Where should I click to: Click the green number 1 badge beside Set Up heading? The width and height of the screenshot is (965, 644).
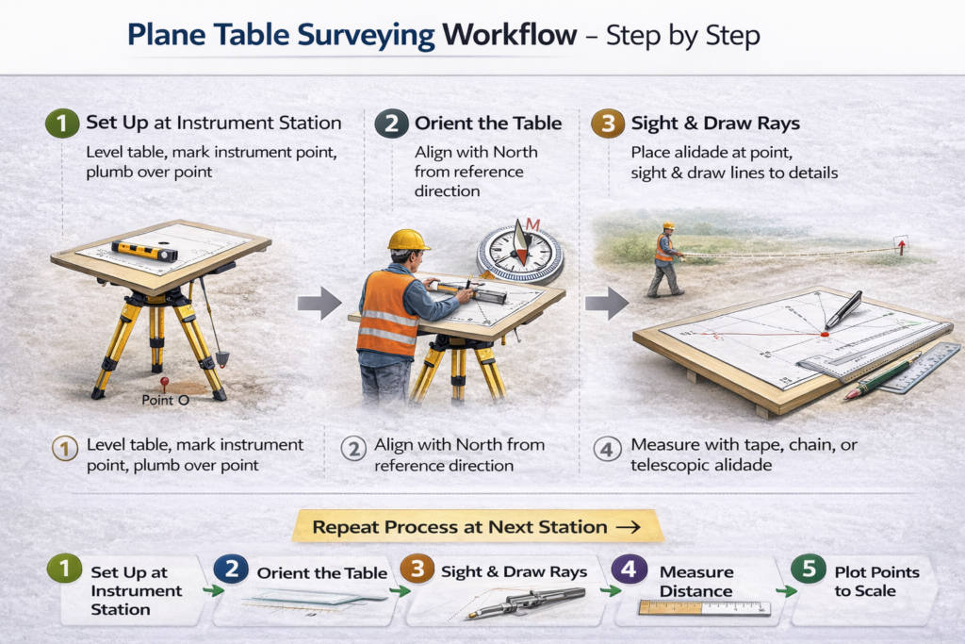[x=62, y=124]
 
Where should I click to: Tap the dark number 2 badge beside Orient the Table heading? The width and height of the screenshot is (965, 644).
[x=391, y=124]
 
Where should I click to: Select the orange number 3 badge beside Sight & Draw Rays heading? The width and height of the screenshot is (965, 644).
[x=608, y=124]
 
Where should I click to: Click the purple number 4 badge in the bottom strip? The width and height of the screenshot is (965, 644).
[x=629, y=569]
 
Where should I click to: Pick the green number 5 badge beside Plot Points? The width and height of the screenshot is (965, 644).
[x=809, y=569]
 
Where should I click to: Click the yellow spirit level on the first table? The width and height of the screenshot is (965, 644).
[x=144, y=251]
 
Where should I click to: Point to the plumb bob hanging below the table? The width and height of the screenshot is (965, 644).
[x=221, y=358]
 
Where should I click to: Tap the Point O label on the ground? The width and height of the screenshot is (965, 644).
[x=165, y=400]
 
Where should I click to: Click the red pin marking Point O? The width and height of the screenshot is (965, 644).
[x=164, y=384]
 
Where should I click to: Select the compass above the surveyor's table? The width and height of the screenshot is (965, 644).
[x=520, y=254]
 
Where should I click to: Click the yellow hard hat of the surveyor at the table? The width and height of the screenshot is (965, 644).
[x=408, y=239]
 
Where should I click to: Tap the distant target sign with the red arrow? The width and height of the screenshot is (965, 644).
[x=901, y=245]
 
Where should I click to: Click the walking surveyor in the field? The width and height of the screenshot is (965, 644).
[x=665, y=259]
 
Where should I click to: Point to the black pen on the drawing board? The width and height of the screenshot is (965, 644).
[x=843, y=309]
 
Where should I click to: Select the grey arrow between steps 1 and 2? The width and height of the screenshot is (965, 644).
[x=319, y=303]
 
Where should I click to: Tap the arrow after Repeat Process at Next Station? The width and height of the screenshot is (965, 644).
[x=629, y=527]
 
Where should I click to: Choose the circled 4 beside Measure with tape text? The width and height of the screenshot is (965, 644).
[x=607, y=450]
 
